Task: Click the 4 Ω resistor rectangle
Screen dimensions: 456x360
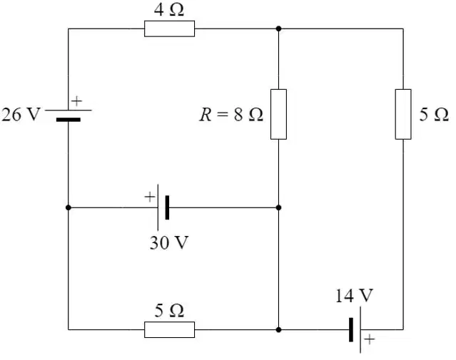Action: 170,29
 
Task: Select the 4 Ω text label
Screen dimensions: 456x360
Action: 168,9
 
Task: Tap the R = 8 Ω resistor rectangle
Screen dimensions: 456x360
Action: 278,114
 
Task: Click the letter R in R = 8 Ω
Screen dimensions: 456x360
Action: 206,114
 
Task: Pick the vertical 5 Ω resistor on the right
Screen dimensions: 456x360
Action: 403,114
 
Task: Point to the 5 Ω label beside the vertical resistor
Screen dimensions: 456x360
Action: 434,114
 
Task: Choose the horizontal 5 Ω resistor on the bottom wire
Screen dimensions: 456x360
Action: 170,330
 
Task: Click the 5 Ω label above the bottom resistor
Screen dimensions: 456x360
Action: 169,310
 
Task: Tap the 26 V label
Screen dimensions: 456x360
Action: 21,114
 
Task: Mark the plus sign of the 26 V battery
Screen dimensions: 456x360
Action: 77,101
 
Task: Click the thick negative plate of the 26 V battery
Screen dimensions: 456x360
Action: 69,120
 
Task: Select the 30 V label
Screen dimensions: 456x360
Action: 169,242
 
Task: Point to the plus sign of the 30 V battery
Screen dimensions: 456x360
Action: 150,197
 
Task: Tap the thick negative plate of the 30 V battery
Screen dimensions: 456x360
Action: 167,207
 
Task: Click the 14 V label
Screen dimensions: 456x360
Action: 354,296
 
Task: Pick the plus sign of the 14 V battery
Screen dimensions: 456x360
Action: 370,339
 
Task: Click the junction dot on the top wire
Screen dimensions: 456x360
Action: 278,29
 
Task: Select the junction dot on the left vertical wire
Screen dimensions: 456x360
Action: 69,207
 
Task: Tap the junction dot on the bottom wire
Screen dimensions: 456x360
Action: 278,330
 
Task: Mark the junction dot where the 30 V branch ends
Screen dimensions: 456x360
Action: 278,207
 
